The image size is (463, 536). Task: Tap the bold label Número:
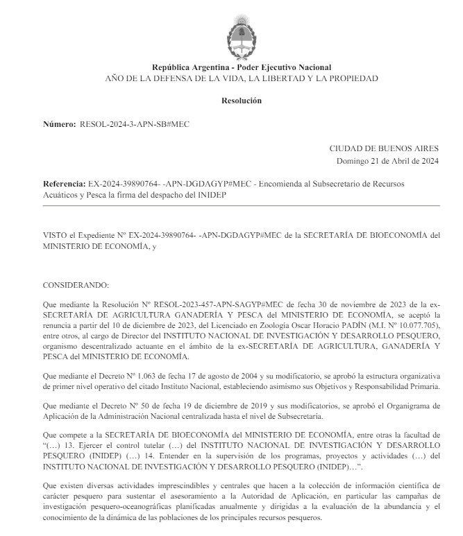[x=59, y=123]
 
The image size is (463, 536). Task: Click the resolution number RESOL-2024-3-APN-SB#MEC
[x=135, y=123]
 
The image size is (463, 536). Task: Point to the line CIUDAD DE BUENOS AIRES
[x=384, y=148]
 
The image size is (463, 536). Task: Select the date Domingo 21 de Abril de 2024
[x=387, y=161]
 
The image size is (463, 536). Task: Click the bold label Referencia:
[x=65, y=184]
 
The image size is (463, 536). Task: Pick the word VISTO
[x=56, y=235]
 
